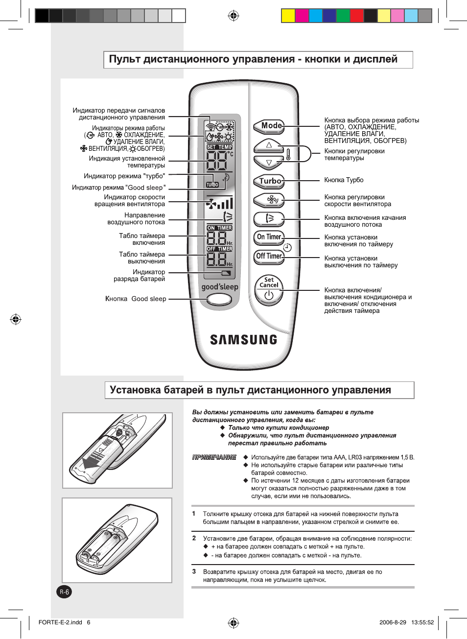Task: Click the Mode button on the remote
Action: [269, 126]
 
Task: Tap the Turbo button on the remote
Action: [269, 181]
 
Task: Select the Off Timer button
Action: [269, 256]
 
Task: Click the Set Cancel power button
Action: [269, 290]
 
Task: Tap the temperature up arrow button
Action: [268, 145]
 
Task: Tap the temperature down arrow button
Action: [268, 162]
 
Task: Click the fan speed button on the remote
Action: [269, 200]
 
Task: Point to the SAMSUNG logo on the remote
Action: [243, 340]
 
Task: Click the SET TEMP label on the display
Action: [219, 147]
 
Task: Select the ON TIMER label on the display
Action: [219, 228]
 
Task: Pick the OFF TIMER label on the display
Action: [219, 249]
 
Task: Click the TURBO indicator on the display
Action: [212, 185]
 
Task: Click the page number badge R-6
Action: [65, 592]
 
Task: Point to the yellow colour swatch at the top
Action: [288, 16]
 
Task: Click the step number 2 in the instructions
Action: [194, 538]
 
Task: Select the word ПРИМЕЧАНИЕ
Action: [214, 457]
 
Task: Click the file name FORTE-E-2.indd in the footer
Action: [60, 622]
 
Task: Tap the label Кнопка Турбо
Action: [344, 180]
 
